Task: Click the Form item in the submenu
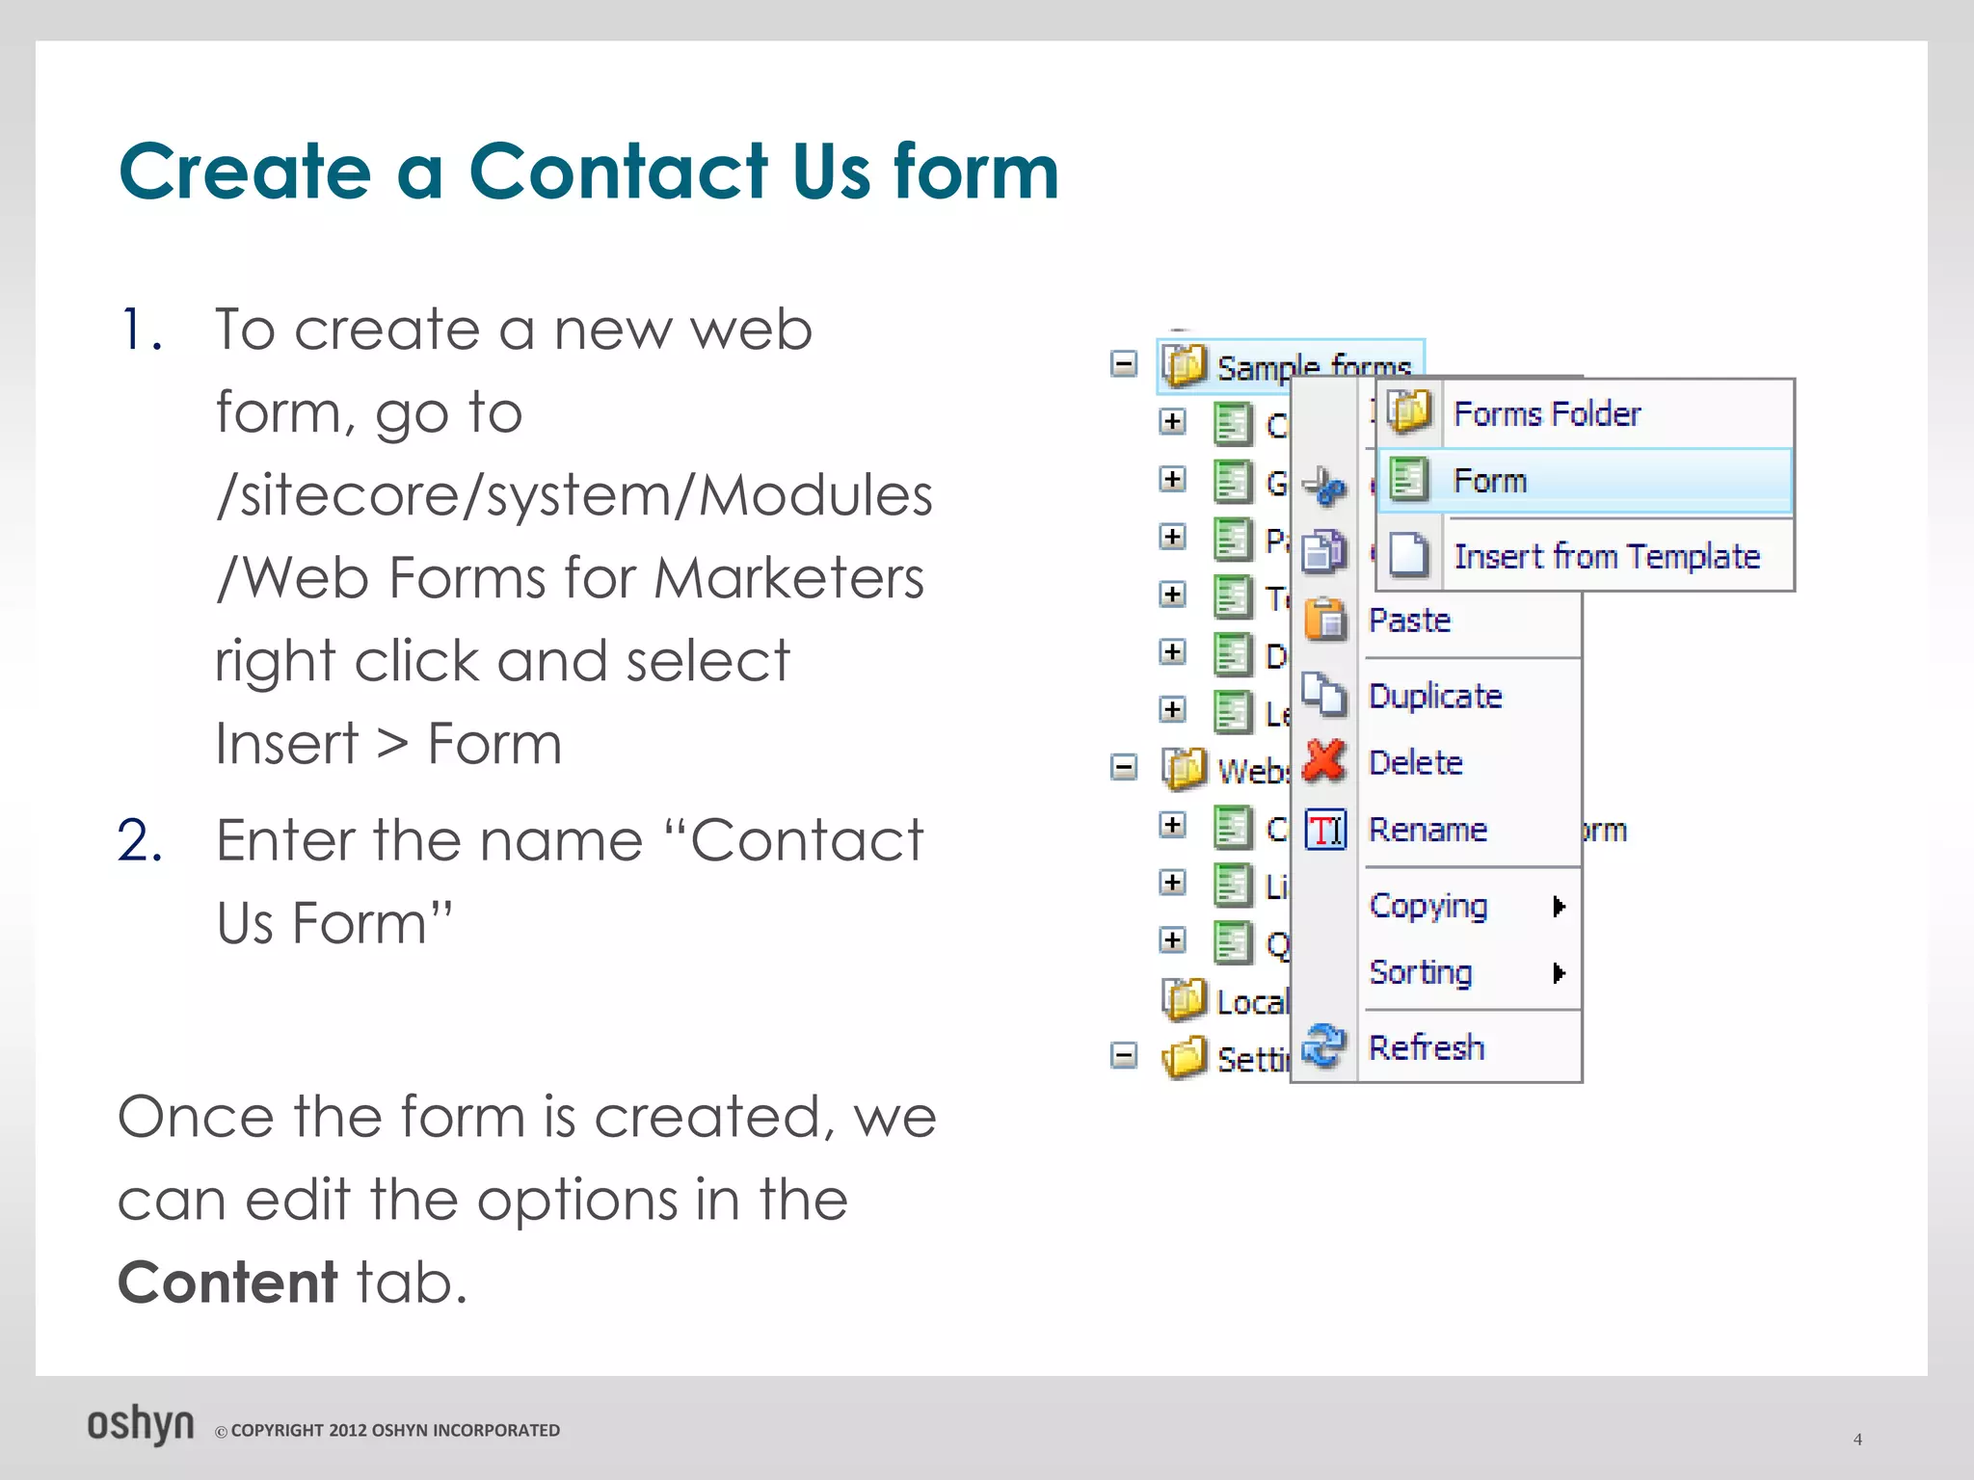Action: [1489, 480]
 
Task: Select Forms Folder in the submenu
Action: [1546, 413]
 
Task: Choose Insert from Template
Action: [1606, 556]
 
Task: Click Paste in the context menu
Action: [1409, 620]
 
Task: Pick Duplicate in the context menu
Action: [1435, 696]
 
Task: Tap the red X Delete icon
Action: [1324, 761]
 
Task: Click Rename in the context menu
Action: [1427, 830]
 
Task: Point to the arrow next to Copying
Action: [1559, 906]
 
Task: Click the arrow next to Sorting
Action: [1559, 973]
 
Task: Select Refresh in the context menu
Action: [1426, 1047]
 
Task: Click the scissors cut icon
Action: [1323, 487]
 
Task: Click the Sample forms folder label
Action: [1313, 367]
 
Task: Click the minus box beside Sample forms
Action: [1124, 364]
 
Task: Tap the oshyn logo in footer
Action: [141, 1425]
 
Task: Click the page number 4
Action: [1857, 1440]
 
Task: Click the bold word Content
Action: [227, 1282]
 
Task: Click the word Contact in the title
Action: [618, 172]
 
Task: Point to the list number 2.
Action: [140, 840]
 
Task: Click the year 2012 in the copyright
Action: [348, 1431]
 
